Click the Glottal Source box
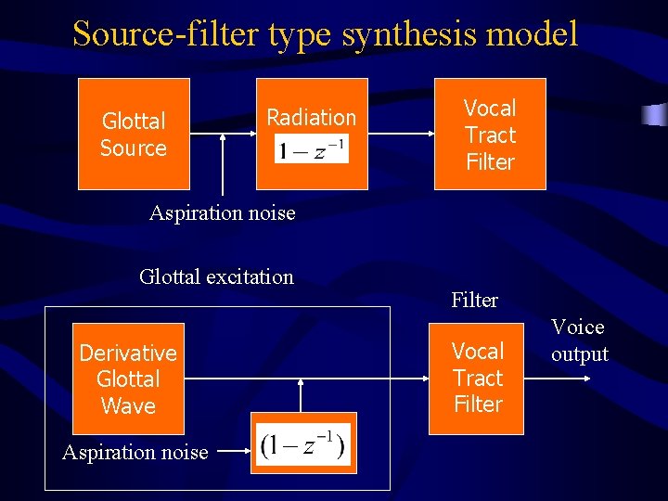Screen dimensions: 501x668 point(134,134)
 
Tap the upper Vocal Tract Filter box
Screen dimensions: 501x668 point(490,134)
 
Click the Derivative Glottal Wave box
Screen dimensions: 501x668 point(128,379)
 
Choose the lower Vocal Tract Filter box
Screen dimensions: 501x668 point(477,378)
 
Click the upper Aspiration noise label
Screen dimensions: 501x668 point(223,213)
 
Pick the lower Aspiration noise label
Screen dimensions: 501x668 point(135,453)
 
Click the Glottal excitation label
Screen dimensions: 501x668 point(216,276)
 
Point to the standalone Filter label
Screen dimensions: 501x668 point(474,300)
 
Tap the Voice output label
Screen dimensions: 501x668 point(579,340)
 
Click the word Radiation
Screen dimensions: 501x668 point(311,117)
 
